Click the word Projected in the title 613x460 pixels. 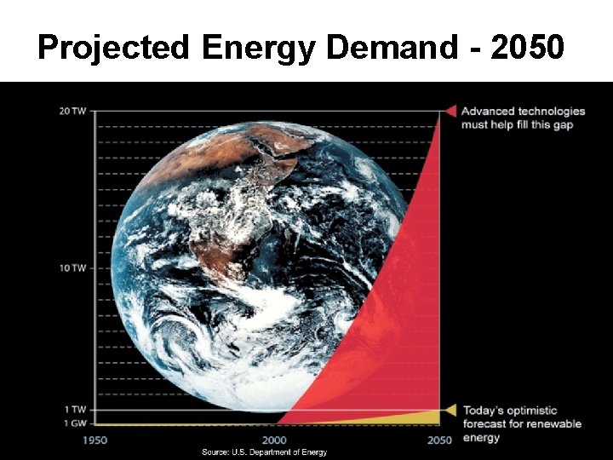[114, 48]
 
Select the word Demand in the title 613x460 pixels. [391, 48]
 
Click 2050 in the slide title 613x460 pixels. [525, 48]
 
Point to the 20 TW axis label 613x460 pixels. [72, 112]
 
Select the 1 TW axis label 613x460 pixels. [75, 410]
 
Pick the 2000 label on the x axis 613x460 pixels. [274, 440]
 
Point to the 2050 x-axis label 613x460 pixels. [440, 440]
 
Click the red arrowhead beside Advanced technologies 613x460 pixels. [450, 111]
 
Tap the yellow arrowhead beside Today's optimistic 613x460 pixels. [450, 410]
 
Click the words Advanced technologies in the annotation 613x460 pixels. [523, 111]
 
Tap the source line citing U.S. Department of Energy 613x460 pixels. [264, 452]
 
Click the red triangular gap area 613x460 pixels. [400, 324]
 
